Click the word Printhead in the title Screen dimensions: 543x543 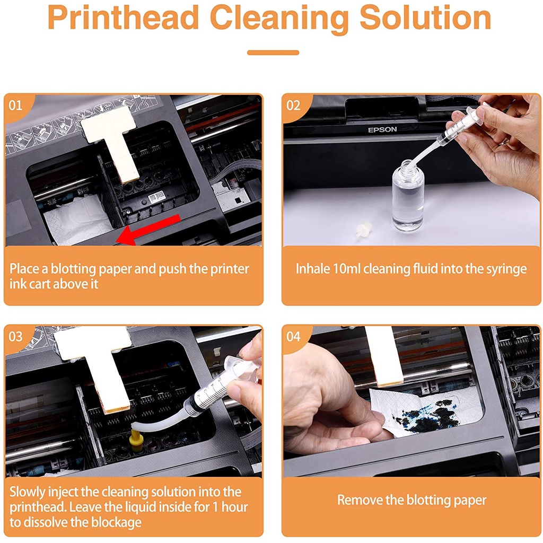[x=124, y=18]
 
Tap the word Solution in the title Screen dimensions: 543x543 [x=426, y=18]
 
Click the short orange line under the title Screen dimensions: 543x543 [x=273, y=52]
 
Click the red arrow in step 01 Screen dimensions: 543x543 [x=148, y=230]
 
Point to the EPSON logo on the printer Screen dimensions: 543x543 [x=382, y=130]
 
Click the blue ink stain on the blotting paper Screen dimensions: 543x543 [x=430, y=416]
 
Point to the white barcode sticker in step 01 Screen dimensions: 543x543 [x=156, y=196]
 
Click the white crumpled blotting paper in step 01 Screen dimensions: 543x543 [x=77, y=220]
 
